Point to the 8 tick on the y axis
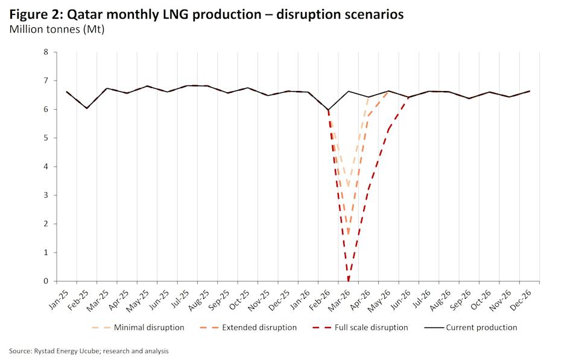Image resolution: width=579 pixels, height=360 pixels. pos(45,52)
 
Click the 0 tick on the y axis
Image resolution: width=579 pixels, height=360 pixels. pos(45,281)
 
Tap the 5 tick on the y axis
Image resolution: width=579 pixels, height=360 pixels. pos(45,138)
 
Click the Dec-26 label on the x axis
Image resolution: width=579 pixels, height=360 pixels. pos(524,298)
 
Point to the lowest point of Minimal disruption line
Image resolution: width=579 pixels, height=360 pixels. pos(349,188)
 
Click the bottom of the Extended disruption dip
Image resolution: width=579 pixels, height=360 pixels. pos(349,235)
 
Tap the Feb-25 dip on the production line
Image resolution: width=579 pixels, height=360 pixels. pos(87,109)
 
